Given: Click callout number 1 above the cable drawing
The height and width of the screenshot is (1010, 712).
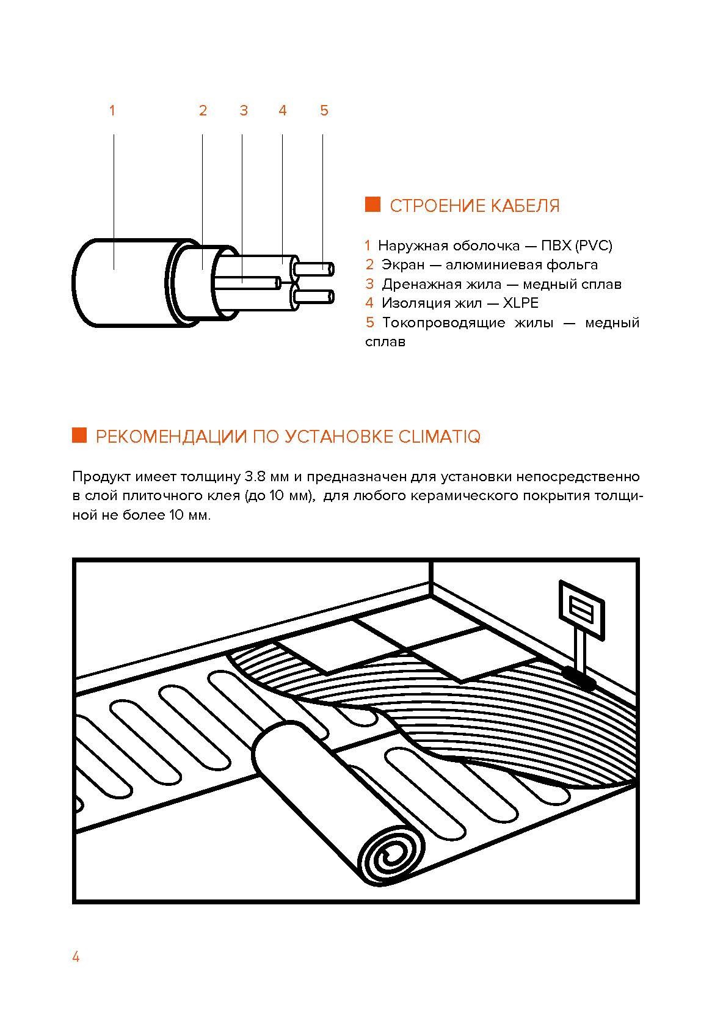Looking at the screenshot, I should [112, 111].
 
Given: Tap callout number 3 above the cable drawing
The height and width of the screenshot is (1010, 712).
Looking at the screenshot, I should [244, 111].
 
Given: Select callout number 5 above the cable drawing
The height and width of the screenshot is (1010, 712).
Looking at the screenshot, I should [324, 111].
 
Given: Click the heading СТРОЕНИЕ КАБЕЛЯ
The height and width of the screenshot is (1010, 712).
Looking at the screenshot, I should [474, 206].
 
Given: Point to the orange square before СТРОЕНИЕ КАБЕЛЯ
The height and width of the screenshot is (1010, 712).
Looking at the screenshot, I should [372, 205].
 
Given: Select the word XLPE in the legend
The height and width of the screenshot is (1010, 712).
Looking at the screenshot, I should [520, 303].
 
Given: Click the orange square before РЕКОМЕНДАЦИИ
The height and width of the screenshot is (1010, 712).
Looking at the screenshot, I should [79, 435].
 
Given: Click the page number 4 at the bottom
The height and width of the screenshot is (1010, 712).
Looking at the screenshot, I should [76, 956].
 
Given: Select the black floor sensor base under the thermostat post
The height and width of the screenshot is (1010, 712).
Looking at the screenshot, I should [579, 676].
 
